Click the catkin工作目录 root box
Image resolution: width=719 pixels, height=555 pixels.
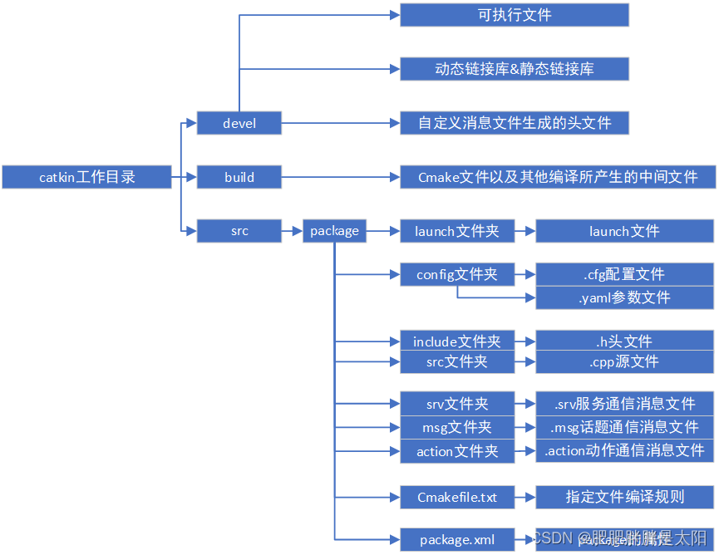coord(86,177)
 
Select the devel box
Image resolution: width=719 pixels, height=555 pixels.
coord(239,123)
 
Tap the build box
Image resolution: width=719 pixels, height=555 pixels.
coord(239,177)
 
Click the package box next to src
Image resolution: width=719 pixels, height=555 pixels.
coord(334,231)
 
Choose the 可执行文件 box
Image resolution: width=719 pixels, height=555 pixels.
coord(515,15)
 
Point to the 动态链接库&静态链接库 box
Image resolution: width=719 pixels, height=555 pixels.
coord(515,69)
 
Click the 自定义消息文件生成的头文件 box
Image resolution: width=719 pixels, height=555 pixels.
coord(515,123)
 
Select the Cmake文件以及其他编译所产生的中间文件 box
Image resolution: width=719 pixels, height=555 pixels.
coord(558,177)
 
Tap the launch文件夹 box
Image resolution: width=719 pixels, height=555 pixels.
coord(457,231)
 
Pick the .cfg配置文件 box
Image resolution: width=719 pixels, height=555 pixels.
coord(624,274)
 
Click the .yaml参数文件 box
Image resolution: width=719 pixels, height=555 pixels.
coord(624,297)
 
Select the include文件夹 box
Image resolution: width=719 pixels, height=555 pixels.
coord(457,341)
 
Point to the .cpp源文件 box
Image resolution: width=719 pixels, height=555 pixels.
coord(624,361)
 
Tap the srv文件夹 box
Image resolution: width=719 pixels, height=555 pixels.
coord(457,404)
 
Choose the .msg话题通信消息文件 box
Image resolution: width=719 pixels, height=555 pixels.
coord(624,427)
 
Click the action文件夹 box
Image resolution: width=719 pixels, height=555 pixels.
coord(457,451)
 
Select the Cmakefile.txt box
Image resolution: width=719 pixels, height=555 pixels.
coord(457,497)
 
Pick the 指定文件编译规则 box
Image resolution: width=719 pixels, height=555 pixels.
coord(624,497)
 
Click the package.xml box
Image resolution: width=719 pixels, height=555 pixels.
coord(457,540)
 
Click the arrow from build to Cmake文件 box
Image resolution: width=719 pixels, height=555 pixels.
coord(341,177)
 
